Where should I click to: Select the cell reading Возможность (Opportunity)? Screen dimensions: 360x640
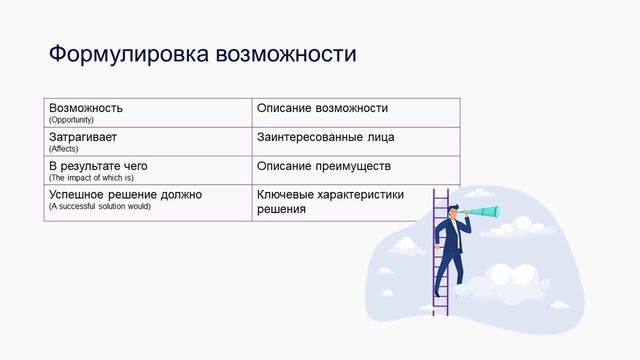147,112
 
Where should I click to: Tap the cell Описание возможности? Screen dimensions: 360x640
355,112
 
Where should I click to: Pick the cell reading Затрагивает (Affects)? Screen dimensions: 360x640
147,141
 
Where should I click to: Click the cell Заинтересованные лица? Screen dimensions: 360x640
355,141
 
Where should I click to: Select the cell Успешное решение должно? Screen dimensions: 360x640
147,202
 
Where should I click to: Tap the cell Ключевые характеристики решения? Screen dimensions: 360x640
355,202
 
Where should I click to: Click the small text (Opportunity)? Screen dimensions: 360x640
71,119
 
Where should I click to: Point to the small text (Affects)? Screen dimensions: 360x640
63,148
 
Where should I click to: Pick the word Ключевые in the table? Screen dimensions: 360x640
286,194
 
